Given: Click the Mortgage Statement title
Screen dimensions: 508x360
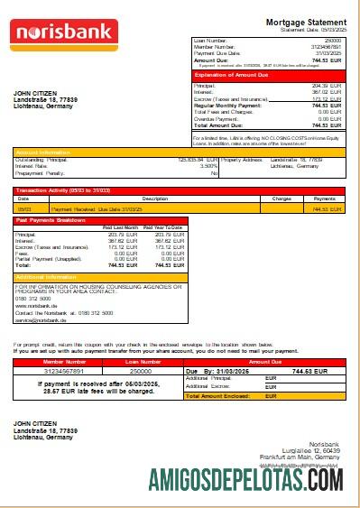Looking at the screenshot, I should pyautogui.click(x=305, y=22).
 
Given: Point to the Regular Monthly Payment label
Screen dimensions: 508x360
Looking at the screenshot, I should pyautogui.click(x=225, y=105).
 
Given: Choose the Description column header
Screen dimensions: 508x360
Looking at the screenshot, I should pyautogui.click(x=130, y=198).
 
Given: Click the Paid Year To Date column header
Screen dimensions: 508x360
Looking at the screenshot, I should pyautogui.click(x=163, y=226).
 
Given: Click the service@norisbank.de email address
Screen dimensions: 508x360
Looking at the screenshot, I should pyautogui.click(x=41, y=319).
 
